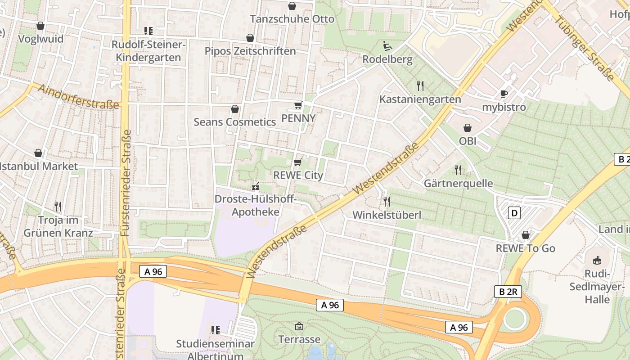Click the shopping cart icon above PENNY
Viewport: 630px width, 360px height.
[x=297, y=105]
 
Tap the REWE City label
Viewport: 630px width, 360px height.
[x=298, y=175]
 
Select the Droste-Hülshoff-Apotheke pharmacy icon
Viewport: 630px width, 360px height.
[x=256, y=186]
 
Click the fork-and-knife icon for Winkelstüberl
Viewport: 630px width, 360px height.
[x=386, y=201]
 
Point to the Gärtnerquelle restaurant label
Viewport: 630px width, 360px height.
[x=458, y=184]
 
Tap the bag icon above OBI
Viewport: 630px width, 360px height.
[x=468, y=128]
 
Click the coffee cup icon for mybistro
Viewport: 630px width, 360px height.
[x=504, y=94]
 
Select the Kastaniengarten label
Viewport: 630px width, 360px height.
[x=420, y=99]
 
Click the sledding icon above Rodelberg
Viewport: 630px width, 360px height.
[x=387, y=46]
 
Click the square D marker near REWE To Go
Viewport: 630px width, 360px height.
[x=514, y=212]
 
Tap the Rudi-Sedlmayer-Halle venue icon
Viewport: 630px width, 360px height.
[x=597, y=260]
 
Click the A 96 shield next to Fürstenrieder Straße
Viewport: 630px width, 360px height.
[x=153, y=271]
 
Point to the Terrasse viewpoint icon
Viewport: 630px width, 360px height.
[x=299, y=326]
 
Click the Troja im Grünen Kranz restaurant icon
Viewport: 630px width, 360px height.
[x=58, y=207]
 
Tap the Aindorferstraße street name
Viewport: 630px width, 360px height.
[x=78, y=96]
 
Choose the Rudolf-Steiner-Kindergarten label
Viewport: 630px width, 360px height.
[x=148, y=51]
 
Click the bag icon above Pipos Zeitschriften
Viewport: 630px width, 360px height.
[x=250, y=38]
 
